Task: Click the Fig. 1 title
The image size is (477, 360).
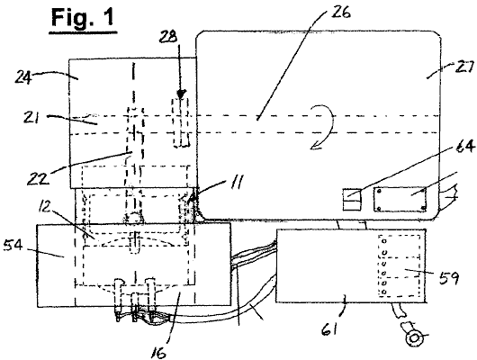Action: tap(83, 18)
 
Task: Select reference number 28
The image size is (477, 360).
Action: tap(169, 38)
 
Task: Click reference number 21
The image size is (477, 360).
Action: tap(31, 117)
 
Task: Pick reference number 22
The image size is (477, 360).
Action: tap(38, 178)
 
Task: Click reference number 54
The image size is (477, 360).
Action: tap(13, 245)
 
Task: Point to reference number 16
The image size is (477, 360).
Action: tap(158, 353)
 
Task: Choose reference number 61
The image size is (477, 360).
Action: tap(330, 328)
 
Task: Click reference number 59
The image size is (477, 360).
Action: tap(450, 277)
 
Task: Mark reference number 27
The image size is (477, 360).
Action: tap(464, 67)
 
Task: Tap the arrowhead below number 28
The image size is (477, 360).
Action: tap(181, 94)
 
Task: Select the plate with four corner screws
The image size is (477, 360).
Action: tap(400, 199)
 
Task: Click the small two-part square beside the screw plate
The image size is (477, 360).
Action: tap(352, 200)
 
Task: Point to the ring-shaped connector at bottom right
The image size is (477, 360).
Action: tap(414, 338)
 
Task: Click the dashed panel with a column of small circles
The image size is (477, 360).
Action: tap(400, 266)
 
